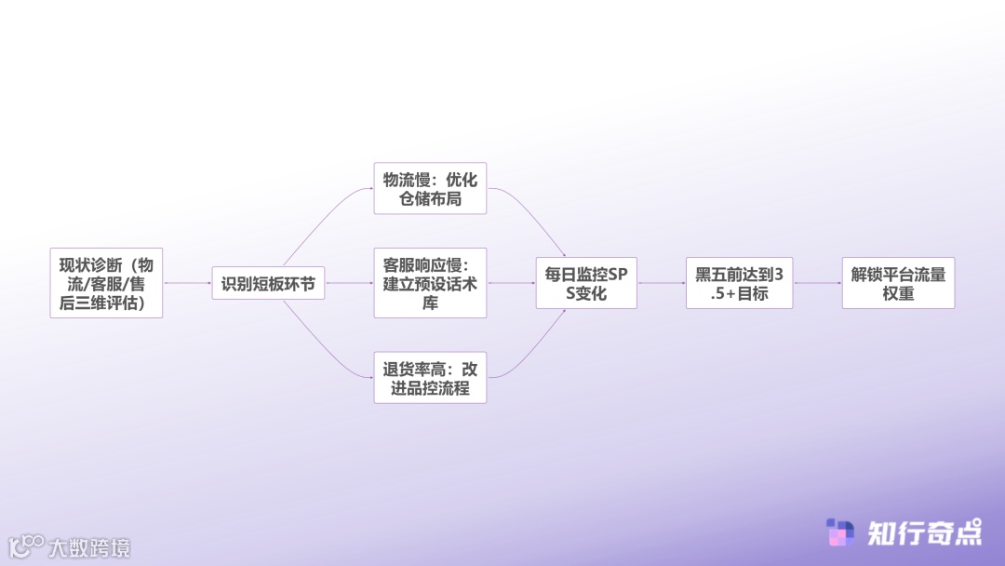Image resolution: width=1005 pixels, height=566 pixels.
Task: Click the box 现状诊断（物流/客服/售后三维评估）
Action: (x=106, y=283)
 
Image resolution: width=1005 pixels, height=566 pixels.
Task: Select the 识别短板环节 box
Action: (x=268, y=283)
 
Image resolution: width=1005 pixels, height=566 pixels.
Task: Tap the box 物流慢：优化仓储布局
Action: (x=430, y=188)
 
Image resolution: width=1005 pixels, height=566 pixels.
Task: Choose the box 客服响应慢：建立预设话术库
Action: (x=430, y=283)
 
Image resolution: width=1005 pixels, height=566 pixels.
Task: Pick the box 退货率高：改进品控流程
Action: (x=430, y=377)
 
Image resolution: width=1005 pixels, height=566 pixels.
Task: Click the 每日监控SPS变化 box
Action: (x=587, y=283)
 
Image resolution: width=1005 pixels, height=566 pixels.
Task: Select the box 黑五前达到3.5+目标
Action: (x=739, y=283)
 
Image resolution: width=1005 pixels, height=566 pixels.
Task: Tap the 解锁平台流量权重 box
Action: (x=898, y=283)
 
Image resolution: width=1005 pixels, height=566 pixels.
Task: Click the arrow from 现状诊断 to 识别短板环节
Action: (x=187, y=283)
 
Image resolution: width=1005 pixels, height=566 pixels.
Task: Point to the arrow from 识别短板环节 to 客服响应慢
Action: (x=349, y=283)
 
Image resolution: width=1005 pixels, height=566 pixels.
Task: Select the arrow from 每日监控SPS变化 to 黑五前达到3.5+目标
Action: (x=662, y=283)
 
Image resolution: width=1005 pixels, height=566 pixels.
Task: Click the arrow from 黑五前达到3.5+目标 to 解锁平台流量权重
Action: (x=817, y=283)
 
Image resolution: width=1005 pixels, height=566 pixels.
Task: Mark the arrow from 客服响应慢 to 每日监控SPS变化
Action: (x=511, y=283)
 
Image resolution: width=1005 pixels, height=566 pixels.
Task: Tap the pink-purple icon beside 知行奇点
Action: (x=840, y=532)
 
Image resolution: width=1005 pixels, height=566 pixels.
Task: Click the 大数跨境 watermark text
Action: (x=89, y=547)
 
